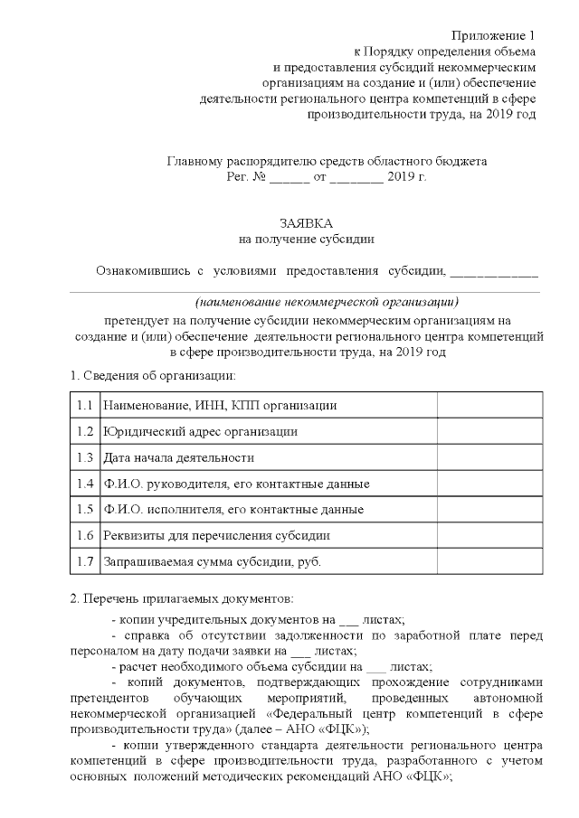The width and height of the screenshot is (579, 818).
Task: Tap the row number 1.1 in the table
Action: [85, 406]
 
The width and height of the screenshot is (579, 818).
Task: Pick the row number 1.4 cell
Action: [85, 484]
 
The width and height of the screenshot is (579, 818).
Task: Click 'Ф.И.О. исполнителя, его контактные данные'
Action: [234, 510]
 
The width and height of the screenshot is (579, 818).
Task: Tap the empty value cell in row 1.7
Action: [489, 562]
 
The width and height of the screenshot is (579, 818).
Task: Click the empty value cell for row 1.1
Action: [489, 406]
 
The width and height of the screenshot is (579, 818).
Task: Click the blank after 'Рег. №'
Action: [289, 178]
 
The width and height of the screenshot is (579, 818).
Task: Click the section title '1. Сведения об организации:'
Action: [154, 375]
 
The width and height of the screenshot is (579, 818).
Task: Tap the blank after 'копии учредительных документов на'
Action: [347, 622]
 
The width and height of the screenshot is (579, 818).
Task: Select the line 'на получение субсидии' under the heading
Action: [305, 240]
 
